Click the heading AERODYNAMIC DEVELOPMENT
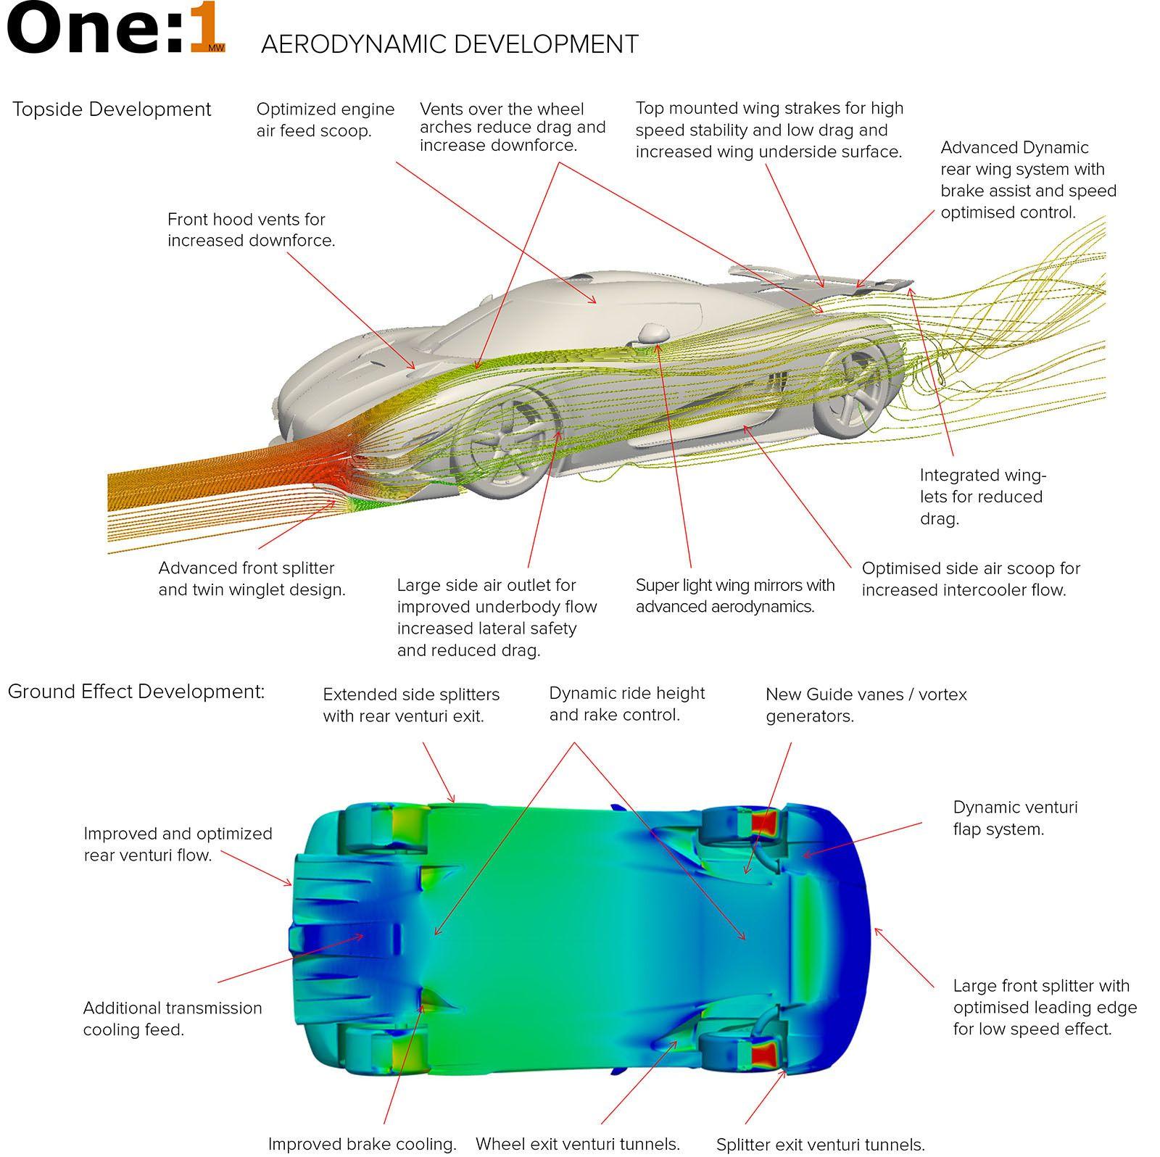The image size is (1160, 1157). click(x=449, y=44)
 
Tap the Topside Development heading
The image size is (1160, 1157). click(x=112, y=109)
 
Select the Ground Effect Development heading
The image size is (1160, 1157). click(x=136, y=692)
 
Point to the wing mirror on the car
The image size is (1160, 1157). click(x=653, y=333)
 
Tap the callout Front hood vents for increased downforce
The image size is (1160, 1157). click(x=251, y=230)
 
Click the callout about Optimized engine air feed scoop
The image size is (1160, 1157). click(x=326, y=120)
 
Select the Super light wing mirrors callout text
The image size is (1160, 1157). click(x=734, y=596)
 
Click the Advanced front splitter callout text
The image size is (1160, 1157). click(x=252, y=578)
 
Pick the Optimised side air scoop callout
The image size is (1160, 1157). click(x=970, y=579)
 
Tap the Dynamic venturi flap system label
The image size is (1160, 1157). click(x=1014, y=818)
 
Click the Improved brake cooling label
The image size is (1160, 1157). click(x=362, y=1145)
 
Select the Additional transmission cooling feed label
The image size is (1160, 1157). click(x=173, y=1019)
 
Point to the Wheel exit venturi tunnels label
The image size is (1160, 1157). click(x=577, y=1145)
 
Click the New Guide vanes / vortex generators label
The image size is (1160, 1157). click(x=866, y=705)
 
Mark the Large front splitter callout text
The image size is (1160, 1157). click(x=1044, y=1007)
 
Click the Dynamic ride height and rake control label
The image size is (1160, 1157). click(x=626, y=704)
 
